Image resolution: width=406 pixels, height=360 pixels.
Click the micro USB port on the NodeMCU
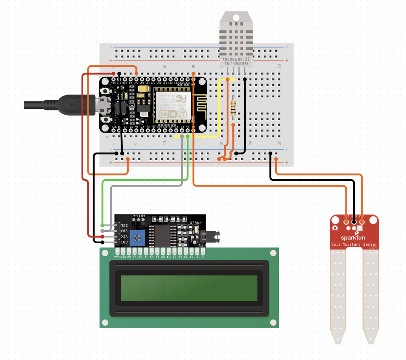point(104,104)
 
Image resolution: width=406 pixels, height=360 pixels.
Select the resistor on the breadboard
point(233,108)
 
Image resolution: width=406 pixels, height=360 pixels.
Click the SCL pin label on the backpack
point(124,225)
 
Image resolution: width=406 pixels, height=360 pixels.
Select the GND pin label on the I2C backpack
point(124,243)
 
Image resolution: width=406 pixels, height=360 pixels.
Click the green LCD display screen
point(189,288)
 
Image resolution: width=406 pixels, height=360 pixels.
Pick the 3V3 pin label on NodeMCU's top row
point(136,83)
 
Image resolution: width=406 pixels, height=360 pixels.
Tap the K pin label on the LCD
point(203,258)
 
